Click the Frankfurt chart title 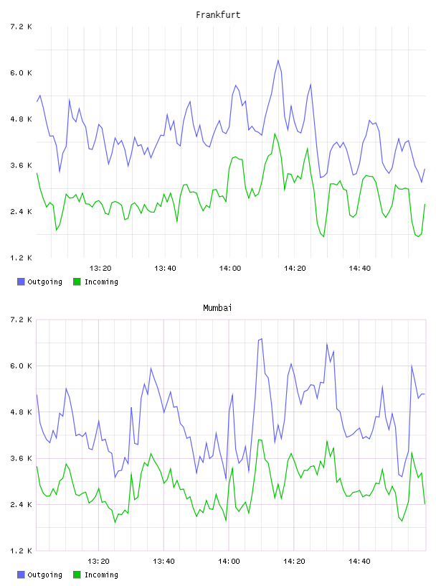click(x=218, y=15)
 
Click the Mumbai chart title click(x=217, y=308)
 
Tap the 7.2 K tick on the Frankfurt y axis click(x=21, y=27)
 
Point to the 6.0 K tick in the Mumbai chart click(x=21, y=366)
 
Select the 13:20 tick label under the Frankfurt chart click(x=100, y=269)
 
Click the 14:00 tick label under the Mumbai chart click(x=229, y=562)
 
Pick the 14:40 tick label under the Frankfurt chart click(x=359, y=269)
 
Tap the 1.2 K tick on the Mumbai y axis click(x=21, y=551)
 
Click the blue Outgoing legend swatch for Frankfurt click(x=21, y=282)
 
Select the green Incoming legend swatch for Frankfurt click(x=77, y=282)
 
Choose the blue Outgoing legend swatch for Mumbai click(x=21, y=575)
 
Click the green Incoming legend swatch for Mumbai click(x=77, y=575)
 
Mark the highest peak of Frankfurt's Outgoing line click(x=278, y=60)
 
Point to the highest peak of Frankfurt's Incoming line click(x=275, y=134)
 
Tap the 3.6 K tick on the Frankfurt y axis click(x=21, y=166)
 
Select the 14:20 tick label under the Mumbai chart click(x=294, y=562)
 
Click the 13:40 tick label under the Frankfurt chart click(x=165, y=269)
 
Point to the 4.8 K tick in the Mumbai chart click(x=21, y=412)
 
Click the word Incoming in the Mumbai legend click(x=101, y=575)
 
